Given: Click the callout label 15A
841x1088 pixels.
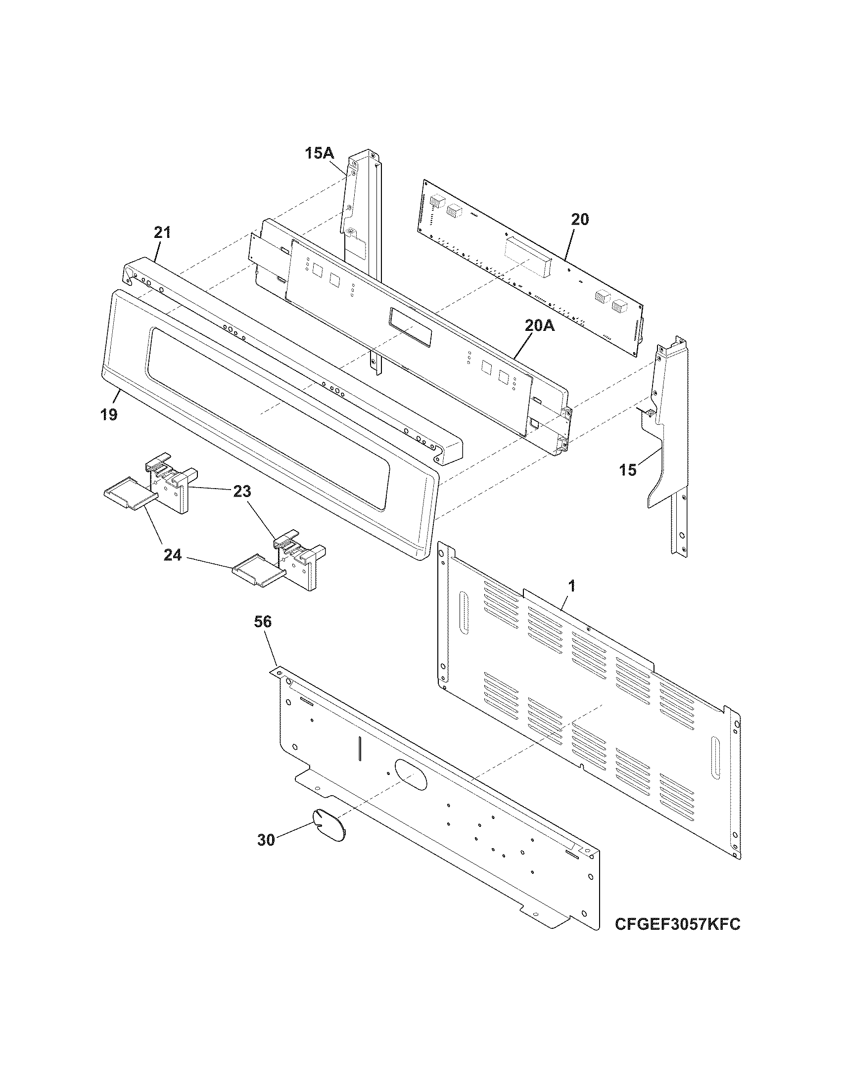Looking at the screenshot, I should tap(320, 153).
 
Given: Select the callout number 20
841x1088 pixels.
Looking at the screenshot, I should tap(580, 219).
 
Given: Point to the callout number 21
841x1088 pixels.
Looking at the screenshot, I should tap(162, 232).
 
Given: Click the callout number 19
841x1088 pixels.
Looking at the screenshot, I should tap(109, 414).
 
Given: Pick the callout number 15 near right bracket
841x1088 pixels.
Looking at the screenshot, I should tap(628, 470).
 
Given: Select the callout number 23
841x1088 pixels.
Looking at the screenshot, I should tap(241, 492).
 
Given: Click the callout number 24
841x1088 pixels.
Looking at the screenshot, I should tap(173, 555).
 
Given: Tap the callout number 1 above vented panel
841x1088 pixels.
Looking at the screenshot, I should tap(572, 587).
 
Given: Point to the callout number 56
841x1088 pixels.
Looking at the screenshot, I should tap(263, 622).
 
